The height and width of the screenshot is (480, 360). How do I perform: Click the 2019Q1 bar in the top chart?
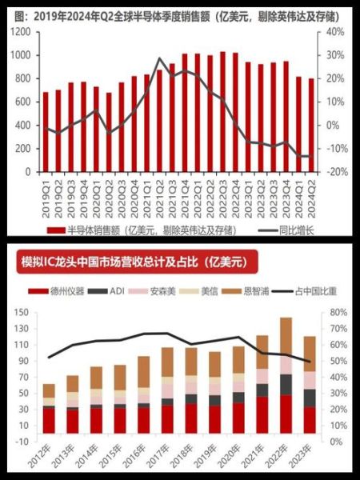(x=46, y=131)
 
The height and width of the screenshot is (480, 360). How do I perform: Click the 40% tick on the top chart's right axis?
(x=335, y=32)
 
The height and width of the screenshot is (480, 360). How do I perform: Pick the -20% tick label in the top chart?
(x=334, y=172)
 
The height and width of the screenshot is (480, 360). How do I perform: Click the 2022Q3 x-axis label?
(x=222, y=193)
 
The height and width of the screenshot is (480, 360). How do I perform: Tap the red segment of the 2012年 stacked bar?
(x=50, y=421)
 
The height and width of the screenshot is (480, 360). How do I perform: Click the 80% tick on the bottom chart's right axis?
(x=336, y=312)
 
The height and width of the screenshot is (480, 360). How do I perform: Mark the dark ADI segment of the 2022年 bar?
(x=286, y=384)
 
